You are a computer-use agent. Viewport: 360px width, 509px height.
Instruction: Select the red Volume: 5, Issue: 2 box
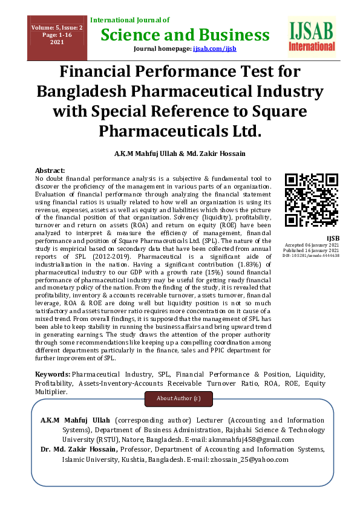(49, 35)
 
